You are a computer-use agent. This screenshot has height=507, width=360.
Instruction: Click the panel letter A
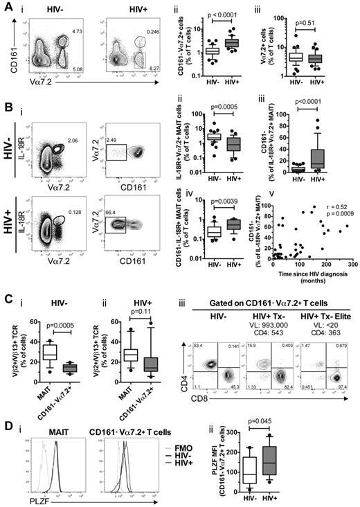coord(7,6)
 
